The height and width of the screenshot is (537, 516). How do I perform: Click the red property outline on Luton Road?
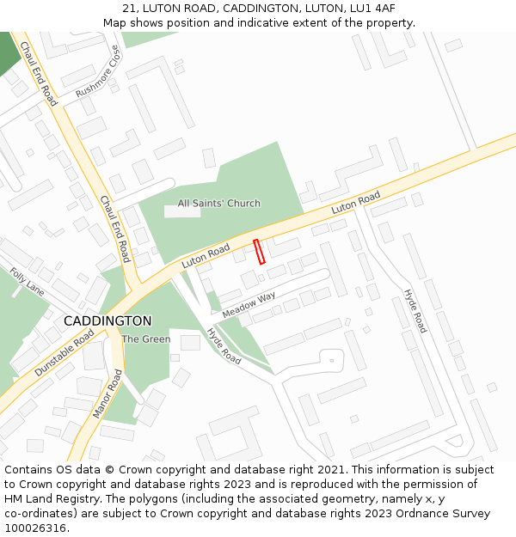[x=259, y=251]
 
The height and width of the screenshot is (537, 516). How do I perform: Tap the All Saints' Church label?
[x=218, y=204]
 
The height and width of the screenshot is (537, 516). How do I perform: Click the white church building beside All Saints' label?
[x=181, y=211]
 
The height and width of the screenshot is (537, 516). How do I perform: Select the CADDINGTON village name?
[x=107, y=320]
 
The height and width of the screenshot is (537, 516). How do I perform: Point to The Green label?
[x=145, y=339]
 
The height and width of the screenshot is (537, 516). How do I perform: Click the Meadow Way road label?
[x=249, y=304]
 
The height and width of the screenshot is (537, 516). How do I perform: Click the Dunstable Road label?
[x=64, y=353]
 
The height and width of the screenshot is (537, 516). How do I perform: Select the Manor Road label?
[x=106, y=394]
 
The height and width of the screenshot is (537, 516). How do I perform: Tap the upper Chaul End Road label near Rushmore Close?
[x=39, y=74]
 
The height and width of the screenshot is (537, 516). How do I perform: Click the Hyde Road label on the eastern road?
[x=415, y=311]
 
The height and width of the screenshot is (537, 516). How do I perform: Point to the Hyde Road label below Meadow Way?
[x=224, y=345]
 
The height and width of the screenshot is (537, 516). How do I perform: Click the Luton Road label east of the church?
[x=356, y=204]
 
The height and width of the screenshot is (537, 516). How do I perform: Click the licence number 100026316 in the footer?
[x=37, y=528]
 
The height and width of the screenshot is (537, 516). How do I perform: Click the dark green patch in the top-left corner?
[x=9, y=52]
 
